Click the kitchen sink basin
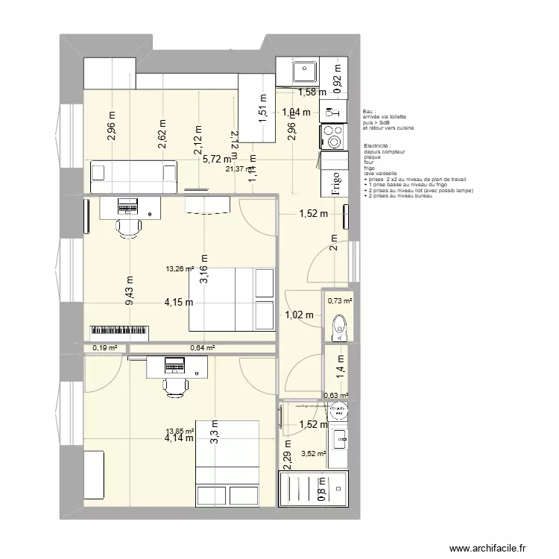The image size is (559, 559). pyautogui.click(x=303, y=72)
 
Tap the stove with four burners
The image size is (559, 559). pyautogui.click(x=332, y=136)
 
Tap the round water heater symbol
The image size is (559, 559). pyautogui.click(x=339, y=409)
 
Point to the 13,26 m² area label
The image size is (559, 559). pyautogui.click(x=179, y=269)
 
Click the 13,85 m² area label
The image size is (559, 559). pyautogui.click(x=179, y=430)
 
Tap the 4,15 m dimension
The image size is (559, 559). pyautogui.click(x=179, y=302)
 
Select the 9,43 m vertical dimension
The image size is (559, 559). pyautogui.click(x=130, y=291)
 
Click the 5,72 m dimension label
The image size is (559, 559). pyautogui.click(x=216, y=159)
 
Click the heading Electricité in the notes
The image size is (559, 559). pyautogui.click(x=379, y=145)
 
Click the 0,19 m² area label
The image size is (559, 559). pyautogui.click(x=104, y=347)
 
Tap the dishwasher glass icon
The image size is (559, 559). pyautogui.click(x=330, y=113)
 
